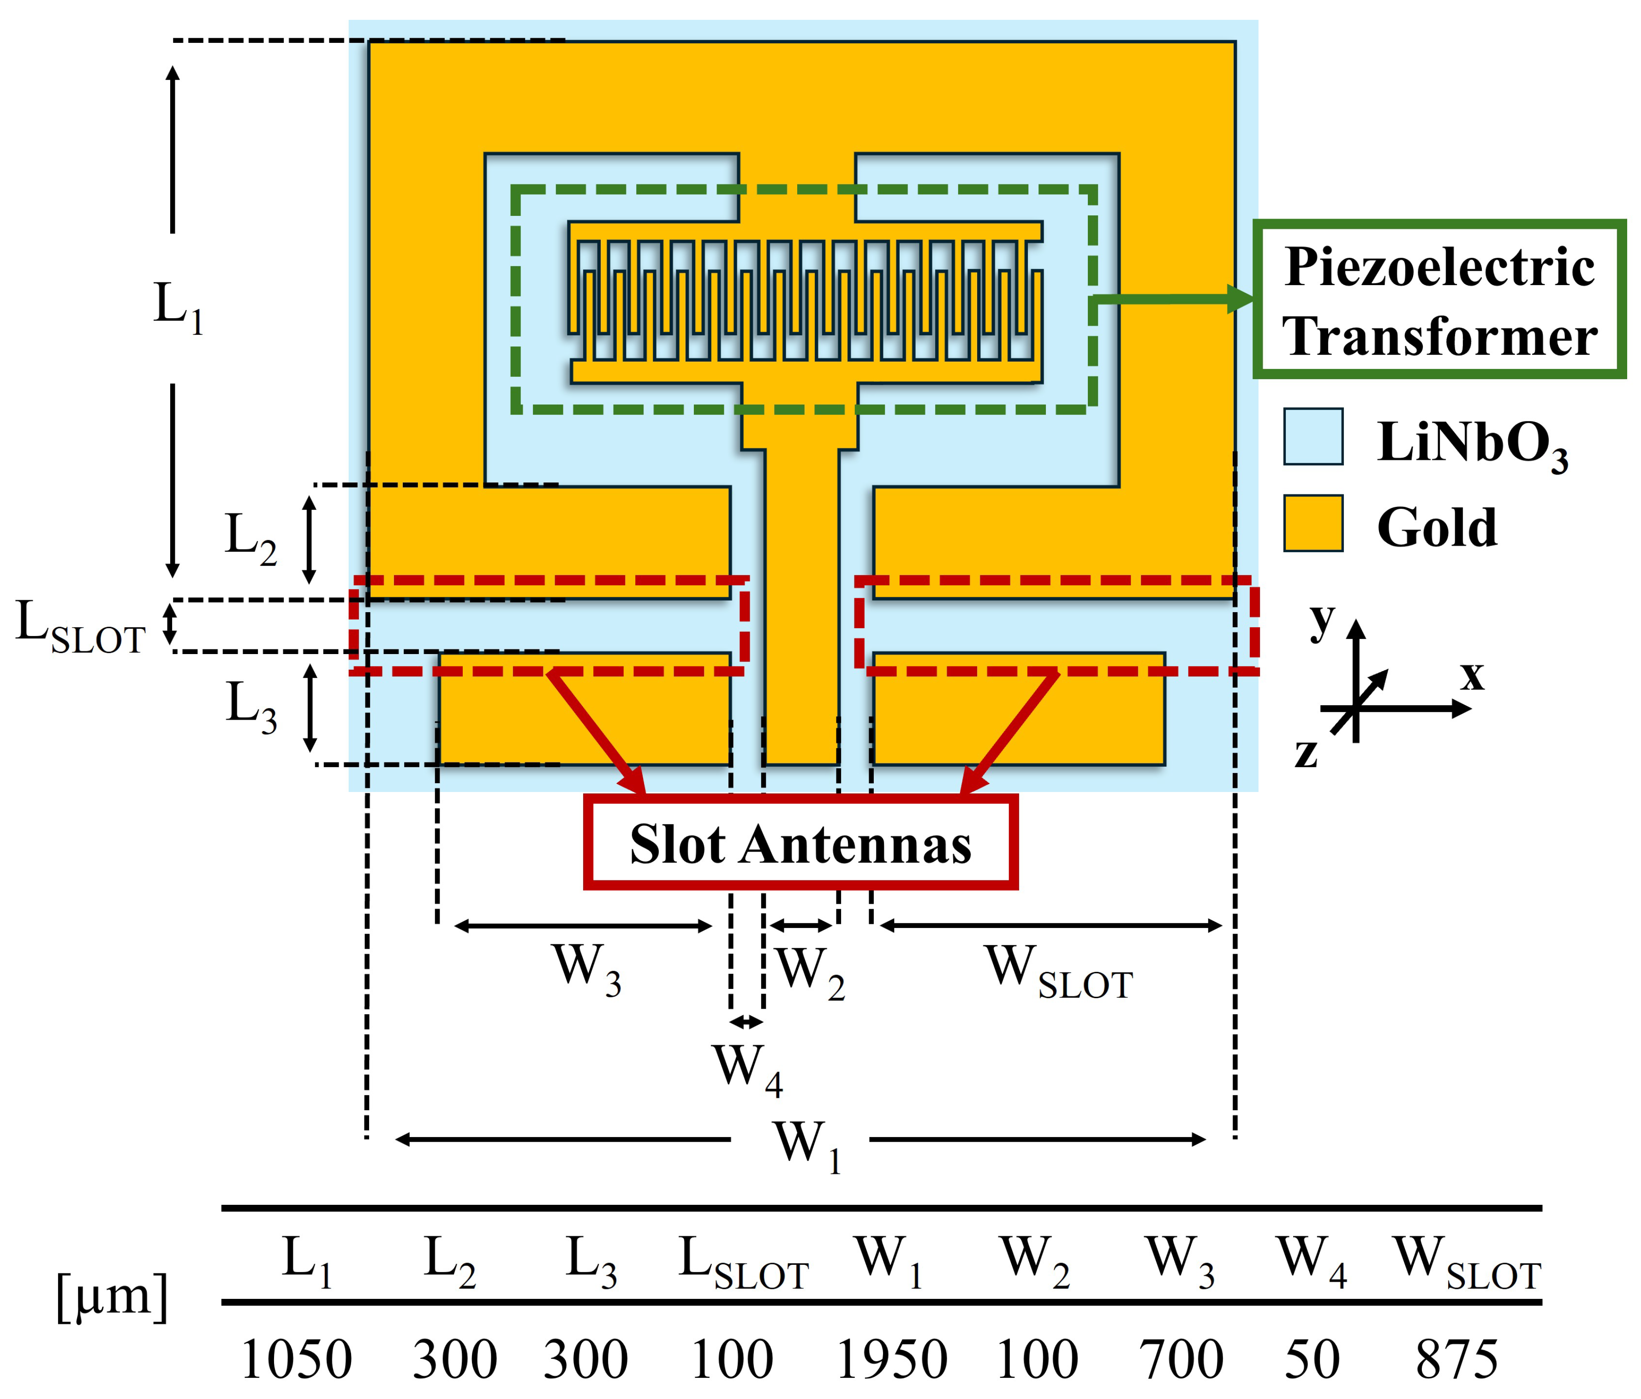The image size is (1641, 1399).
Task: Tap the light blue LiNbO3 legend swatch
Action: (1313, 436)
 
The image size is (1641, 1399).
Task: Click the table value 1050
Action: (296, 1359)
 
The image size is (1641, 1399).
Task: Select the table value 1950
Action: (892, 1359)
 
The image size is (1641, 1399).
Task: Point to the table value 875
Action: (1457, 1359)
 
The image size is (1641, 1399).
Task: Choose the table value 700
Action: (1182, 1359)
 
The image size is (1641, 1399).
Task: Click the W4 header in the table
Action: (1312, 1261)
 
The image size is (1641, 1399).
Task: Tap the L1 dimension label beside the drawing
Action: (178, 309)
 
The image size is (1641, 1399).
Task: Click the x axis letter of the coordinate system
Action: (1472, 675)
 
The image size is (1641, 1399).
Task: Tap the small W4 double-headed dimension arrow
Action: (746, 1022)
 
